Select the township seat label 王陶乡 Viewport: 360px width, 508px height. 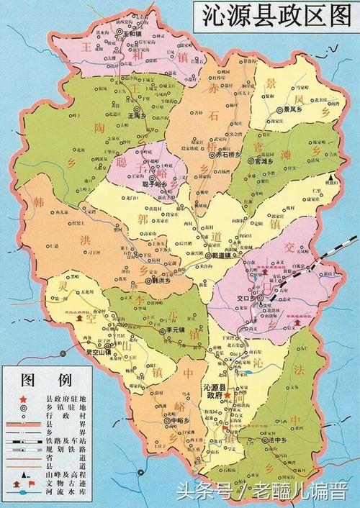tap(137, 114)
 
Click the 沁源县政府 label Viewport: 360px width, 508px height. tap(214, 391)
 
